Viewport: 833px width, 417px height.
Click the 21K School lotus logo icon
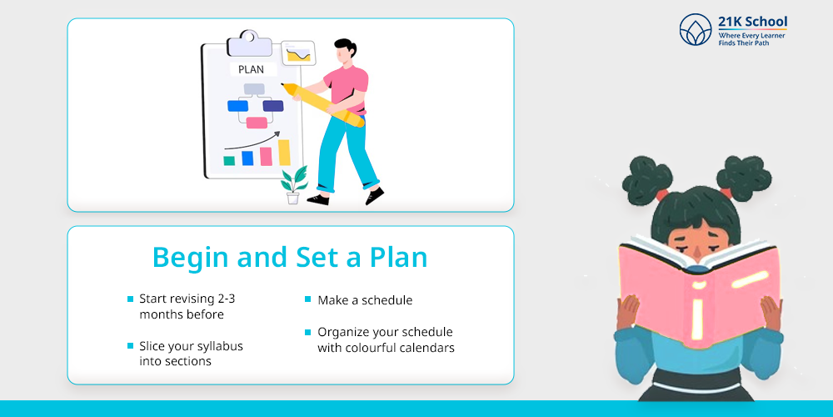click(x=696, y=29)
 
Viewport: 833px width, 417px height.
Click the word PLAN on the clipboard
click(x=251, y=70)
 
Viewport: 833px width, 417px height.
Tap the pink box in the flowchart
click(x=257, y=123)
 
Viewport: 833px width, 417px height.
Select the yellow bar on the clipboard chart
click(x=284, y=153)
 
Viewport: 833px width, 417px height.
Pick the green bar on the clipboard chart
click(x=229, y=161)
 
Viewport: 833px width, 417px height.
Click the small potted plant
click(x=294, y=185)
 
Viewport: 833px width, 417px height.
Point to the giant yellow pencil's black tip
click(x=285, y=85)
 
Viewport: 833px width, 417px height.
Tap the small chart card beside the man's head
click(x=298, y=53)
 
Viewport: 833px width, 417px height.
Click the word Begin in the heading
click(x=191, y=259)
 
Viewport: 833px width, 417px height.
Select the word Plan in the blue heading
click(x=399, y=258)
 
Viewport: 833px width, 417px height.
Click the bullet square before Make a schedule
click(x=307, y=299)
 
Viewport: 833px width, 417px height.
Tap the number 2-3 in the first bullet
click(x=227, y=299)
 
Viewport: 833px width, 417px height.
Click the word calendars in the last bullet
click(x=429, y=349)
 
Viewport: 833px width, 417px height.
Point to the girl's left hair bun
click(x=647, y=180)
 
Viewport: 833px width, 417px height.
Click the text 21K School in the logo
click(x=752, y=22)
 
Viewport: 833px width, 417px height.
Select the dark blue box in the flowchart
click(x=273, y=106)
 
